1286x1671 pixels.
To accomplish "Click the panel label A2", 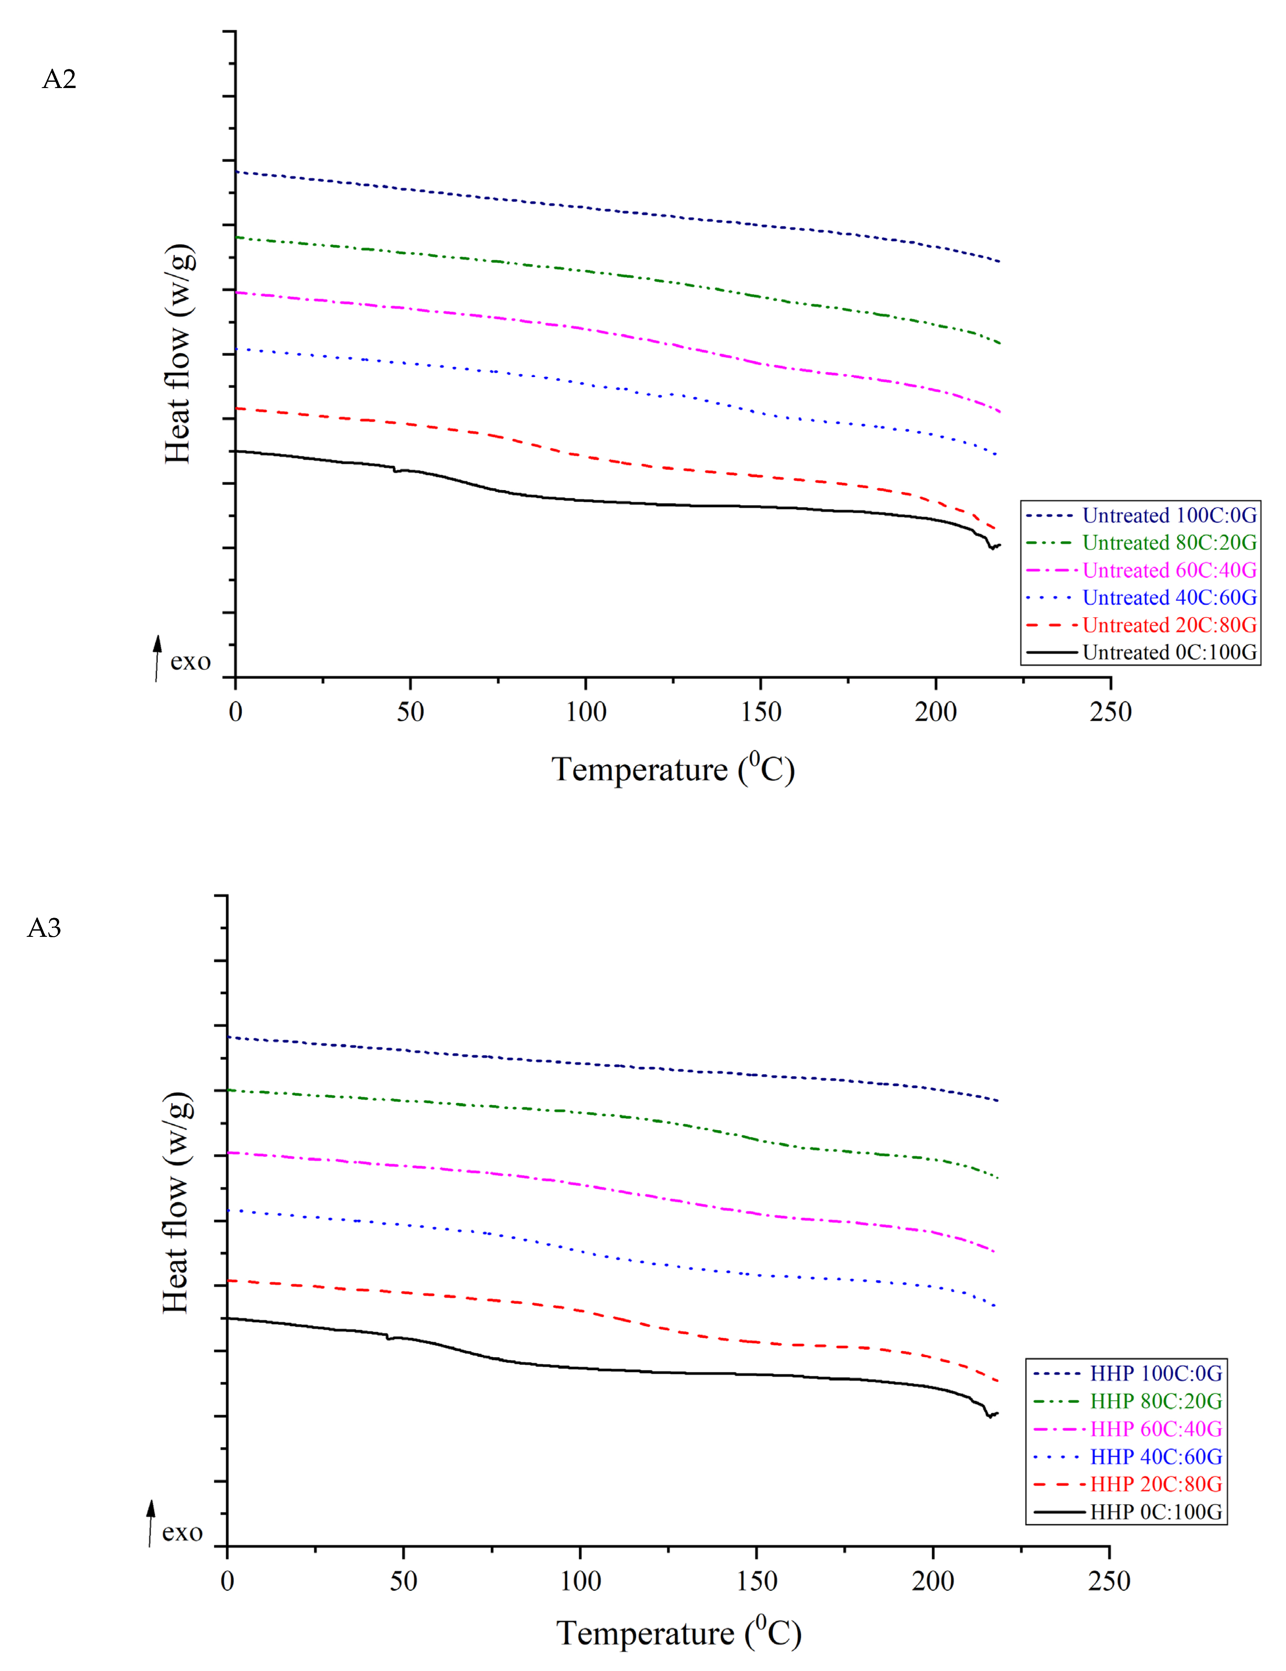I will click(59, 79).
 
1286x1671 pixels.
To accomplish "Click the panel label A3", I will click(44, 928).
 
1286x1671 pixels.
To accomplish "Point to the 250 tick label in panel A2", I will click(1110, 712).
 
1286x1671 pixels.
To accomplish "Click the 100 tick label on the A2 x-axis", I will click(586, 712).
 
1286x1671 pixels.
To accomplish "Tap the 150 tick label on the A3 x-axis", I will click(756, 1581).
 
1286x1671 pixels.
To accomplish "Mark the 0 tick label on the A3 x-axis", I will click(227, 1581).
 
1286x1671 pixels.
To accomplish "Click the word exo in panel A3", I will click(182, 1532).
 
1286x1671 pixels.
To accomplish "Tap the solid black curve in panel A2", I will click(689, 505).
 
